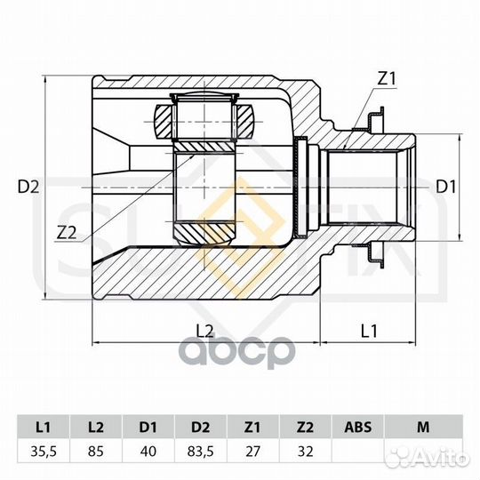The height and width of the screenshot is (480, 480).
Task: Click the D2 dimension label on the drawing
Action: pos(28,187)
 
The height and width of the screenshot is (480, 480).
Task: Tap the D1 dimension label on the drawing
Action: pos(445,187)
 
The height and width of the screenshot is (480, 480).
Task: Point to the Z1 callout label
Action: pos(387,78)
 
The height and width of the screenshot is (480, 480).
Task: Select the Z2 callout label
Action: pos(67,233)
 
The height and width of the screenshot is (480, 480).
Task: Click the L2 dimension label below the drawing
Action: pos(204,331)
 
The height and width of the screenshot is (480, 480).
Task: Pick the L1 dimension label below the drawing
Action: pos(369,331)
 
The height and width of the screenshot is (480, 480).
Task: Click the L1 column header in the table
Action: pos(44,427)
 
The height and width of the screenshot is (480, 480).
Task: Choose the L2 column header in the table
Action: pos(96,427)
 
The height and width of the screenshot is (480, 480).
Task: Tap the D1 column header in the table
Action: pos(148,427)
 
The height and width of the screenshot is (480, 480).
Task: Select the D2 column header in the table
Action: pos(201,427)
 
